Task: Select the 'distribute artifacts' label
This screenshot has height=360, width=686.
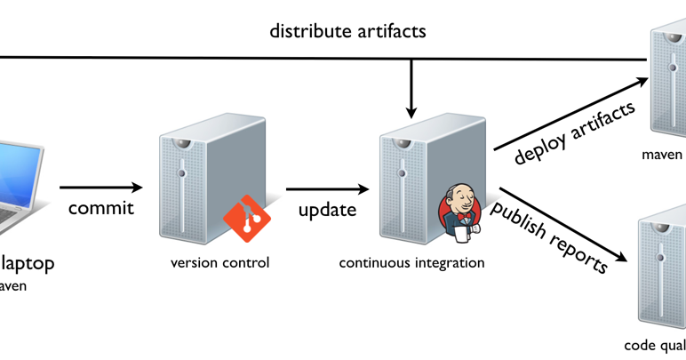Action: tap(348, 32)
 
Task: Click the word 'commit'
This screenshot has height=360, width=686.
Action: tap(101, 209)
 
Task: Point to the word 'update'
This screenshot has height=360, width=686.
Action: tap(327, 210)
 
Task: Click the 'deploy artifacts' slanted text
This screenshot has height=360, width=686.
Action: tap(575, 133)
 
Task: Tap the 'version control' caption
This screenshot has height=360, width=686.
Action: tap(219, 263)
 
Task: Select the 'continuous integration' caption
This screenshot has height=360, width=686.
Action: tap(412, 263)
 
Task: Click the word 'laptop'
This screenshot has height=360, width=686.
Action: tap(28, 263)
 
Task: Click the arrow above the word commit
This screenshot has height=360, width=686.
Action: tap(100, 188)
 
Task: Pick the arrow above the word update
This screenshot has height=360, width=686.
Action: tap(327, 188)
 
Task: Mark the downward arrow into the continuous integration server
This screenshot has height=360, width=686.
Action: tap(411, 89)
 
